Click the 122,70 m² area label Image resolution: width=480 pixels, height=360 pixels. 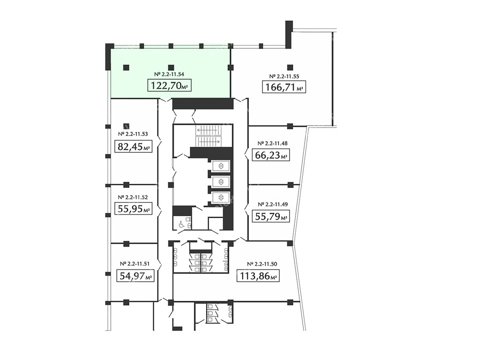tap(170, 85)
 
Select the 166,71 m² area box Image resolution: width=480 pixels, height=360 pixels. tap(284, 87)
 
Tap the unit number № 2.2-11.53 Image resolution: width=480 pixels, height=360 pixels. tap(133, 134)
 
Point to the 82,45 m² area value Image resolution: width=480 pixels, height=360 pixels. tap(134, 147)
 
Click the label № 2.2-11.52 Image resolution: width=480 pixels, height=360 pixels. tap(133, 197)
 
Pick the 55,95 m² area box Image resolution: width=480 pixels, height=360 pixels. tap(134, 209)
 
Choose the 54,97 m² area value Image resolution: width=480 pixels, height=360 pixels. tap(135, 276)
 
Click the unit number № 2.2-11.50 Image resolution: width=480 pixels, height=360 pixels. tap(262, 263)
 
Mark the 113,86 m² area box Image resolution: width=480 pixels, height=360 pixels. tap(258, 276)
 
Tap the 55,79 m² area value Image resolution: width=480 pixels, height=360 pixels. tap(271, 217)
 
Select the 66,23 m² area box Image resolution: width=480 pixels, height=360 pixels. tap(271, 155)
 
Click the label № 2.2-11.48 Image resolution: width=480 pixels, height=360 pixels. tap(272, 143)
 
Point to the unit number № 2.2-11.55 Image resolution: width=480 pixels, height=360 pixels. tap(284, 76)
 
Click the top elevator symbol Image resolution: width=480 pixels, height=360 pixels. tap(221, 166)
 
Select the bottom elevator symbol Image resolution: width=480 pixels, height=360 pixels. tap(221, 196)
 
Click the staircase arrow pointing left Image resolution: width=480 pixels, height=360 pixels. tap(208, 130)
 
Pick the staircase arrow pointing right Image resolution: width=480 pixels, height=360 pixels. tap(208, 142)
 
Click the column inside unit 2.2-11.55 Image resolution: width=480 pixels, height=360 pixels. tap(290, 67)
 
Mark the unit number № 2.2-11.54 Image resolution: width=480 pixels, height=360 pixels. tap(169, 74)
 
